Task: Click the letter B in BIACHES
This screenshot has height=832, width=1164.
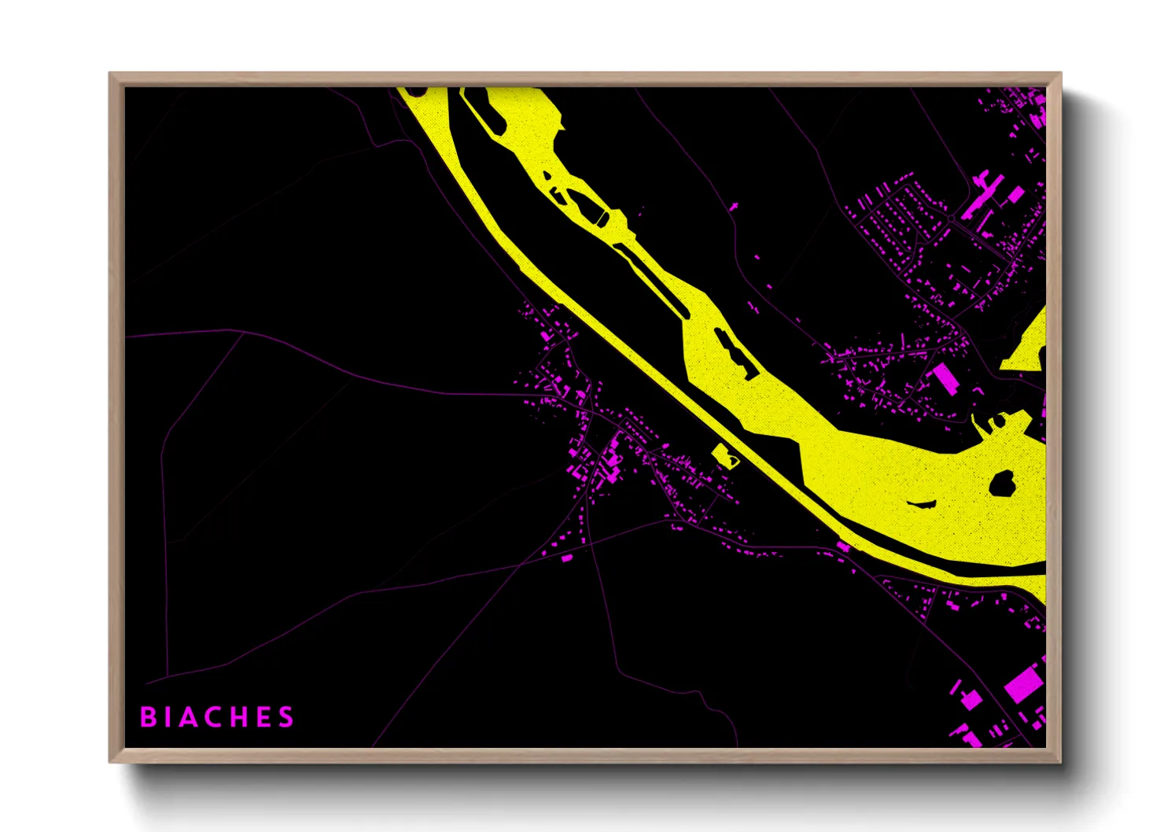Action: coord(147,717)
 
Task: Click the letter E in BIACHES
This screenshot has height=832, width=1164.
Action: coord(263,717)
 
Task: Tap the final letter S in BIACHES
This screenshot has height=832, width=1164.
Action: coord(285,717)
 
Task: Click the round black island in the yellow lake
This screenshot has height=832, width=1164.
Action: coord(1001,483)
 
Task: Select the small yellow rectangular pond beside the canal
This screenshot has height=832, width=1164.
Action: coord(724,455)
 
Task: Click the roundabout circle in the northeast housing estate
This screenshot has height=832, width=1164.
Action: coord(951,218)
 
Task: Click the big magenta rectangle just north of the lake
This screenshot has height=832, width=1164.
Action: coord(944,379)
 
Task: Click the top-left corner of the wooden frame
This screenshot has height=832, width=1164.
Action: coord(110,74)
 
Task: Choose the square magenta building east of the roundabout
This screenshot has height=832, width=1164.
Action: coord(1015,193)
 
